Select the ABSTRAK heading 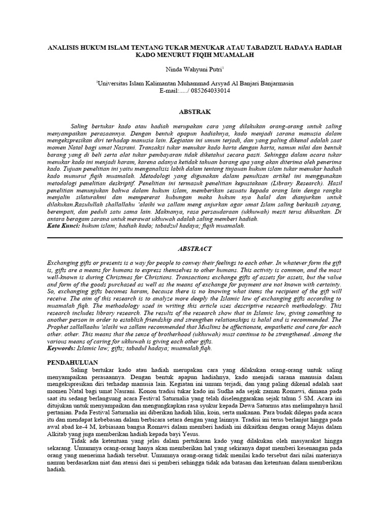pyautogui.click(x=195, y=112)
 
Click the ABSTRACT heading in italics pyautogui.click(x=194, y=249)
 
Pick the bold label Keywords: pyautogui.click(x=62, y=349)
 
